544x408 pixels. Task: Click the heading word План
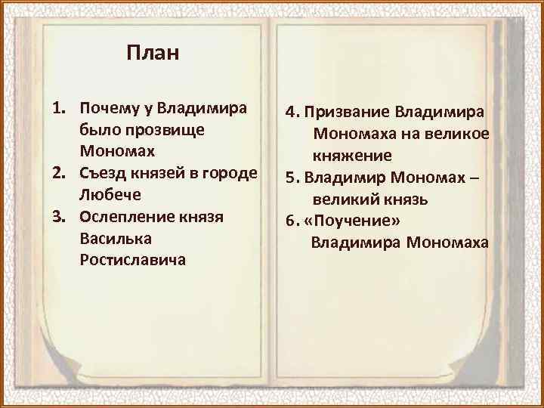pos(153,54)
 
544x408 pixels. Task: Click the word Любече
pos(105,194)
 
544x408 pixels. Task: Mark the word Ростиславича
pos(131,259)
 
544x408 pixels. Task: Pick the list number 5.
pos(290,178)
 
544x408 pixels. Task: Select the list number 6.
pos(290,221)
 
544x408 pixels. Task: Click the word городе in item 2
pos(232,173)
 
